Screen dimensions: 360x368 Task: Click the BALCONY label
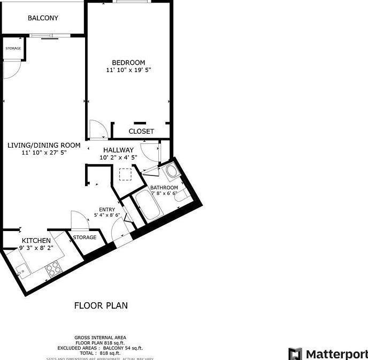pos(43,18)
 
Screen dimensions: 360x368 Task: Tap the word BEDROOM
pos(128,63)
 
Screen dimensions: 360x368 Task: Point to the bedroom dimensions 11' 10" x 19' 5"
pos(128,70)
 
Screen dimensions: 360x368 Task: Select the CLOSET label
pos(141,131)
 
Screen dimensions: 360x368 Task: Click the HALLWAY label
pos(118,150)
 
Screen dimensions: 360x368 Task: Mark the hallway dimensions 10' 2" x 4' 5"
pos(118,157)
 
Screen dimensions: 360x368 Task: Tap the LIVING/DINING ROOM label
pos(44,145)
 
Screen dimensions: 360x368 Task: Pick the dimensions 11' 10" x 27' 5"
pos(44,153)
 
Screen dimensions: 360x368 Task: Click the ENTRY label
pos(107,209)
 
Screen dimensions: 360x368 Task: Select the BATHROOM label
pos(164,187)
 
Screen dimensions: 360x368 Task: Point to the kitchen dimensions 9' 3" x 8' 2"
pos(36,248)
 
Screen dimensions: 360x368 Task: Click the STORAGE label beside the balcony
pos(13,49)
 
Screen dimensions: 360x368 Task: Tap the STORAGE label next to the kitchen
pos(85,237)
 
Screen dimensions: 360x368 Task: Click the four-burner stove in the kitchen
pos(54,269)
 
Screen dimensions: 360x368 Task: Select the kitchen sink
pos(23,271)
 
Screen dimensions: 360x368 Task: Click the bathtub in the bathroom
pos(148,206)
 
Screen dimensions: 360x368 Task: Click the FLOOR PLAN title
pos(101,306)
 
